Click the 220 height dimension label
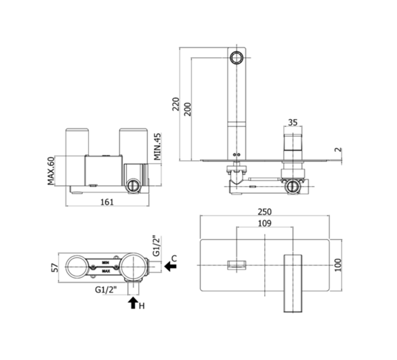[x=176, y=104]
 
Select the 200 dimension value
[x=188, y=109]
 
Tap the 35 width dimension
[x=293, y=122]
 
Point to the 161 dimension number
[x=107, y=202]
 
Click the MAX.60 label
[x=51, y=171]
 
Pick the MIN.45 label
[x=158, y=147]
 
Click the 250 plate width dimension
[x=265, y=212]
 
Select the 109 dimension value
[x=265, y=223]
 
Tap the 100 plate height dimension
[x=338, y=265]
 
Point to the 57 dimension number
[x=55, y=268]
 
